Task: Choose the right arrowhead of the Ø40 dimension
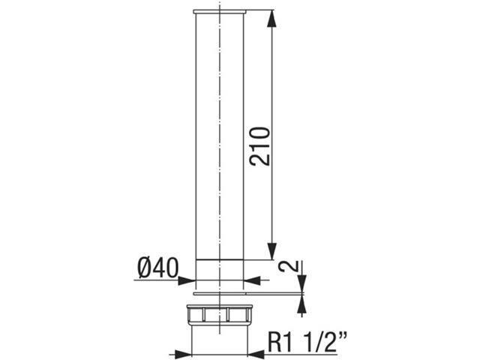249,280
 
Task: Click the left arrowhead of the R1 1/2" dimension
184,352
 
